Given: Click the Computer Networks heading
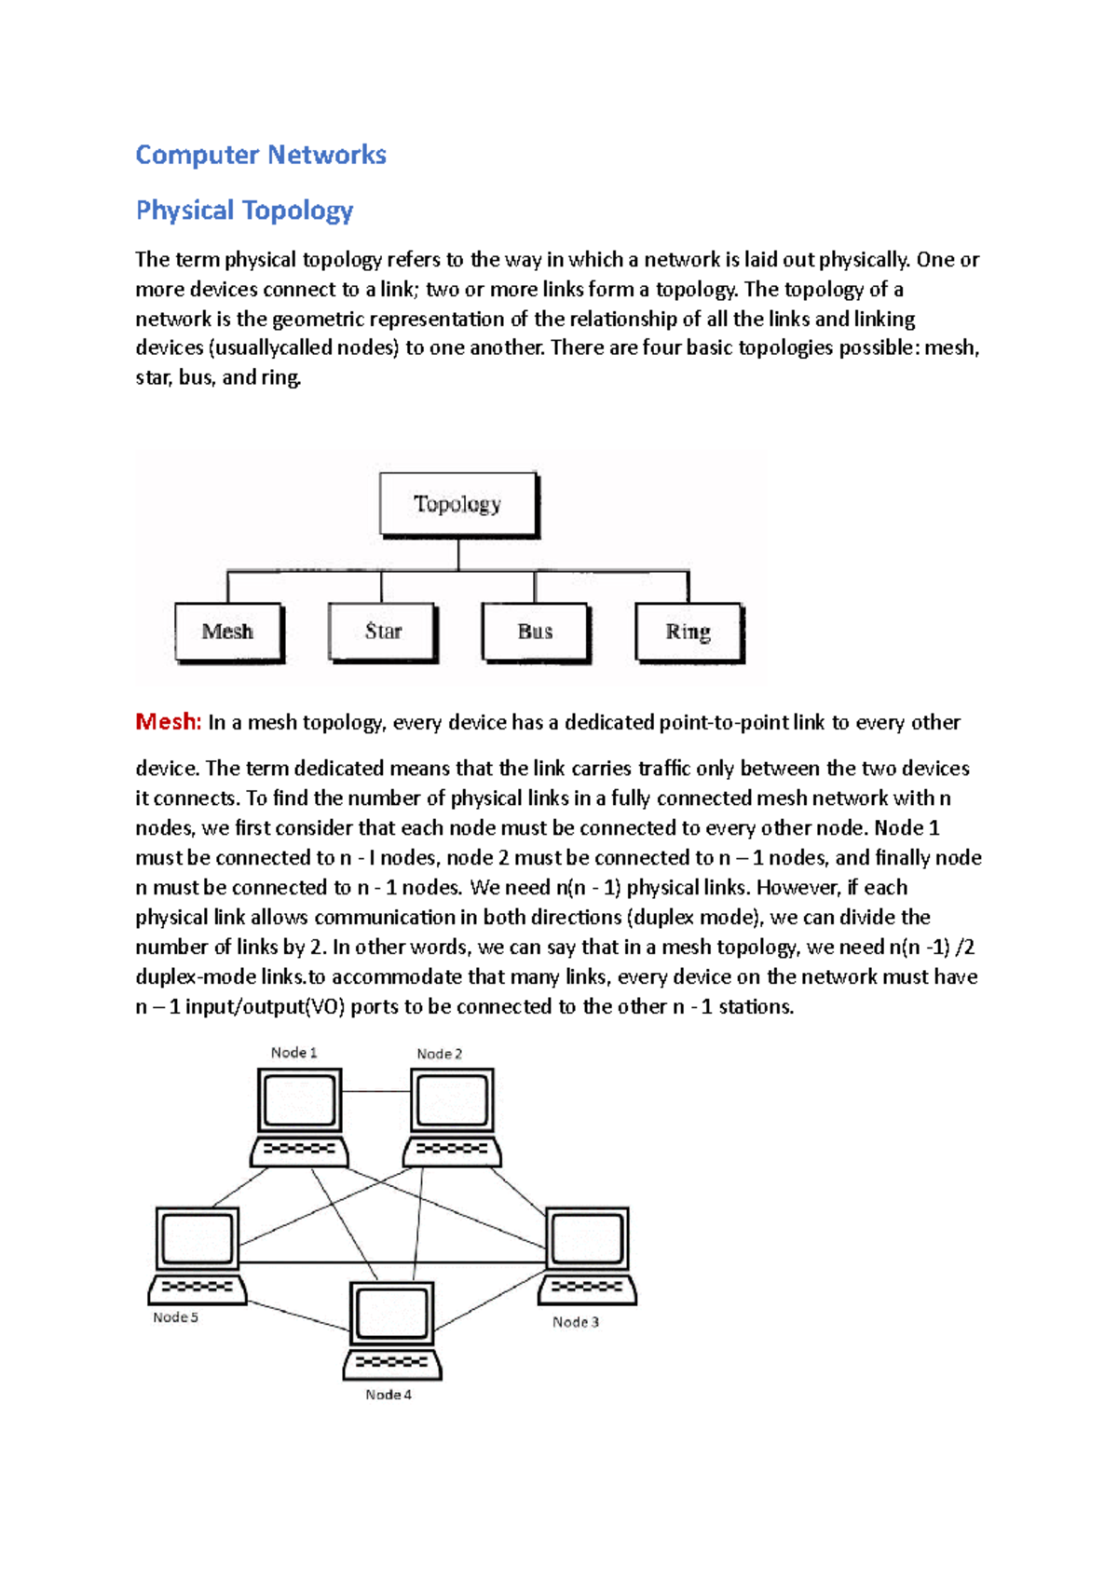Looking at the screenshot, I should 261,155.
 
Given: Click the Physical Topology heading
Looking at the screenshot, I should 244,211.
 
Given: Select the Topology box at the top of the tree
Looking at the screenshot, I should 457,504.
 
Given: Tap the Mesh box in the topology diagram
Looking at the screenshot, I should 228,632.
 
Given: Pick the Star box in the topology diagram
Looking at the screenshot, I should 382,632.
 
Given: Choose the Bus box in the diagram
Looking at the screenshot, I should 535,632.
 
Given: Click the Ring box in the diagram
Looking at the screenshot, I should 688,632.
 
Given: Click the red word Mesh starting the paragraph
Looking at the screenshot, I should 168,721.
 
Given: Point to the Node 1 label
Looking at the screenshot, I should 294,1053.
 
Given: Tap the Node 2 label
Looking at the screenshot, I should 439,1054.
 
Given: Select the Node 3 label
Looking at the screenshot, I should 576,1322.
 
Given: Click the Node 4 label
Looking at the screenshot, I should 389,1395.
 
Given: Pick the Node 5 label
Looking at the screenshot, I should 176,1317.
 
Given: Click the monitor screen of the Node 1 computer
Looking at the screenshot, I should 299,1100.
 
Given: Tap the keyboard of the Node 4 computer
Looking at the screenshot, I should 392,1363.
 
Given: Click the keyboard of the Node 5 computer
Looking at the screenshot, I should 198,1288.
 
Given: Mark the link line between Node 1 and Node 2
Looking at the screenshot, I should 376,1091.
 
